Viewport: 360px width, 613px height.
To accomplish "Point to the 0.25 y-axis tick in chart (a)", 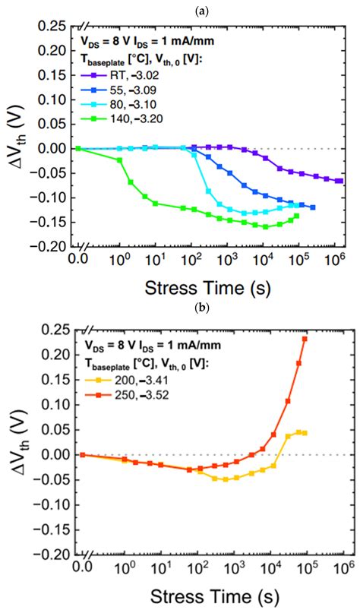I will pyautogui.click(x=55, y=27).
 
